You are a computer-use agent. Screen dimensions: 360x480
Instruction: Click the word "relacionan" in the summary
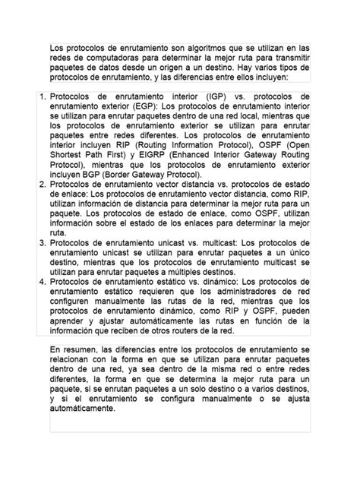(74, 359)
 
